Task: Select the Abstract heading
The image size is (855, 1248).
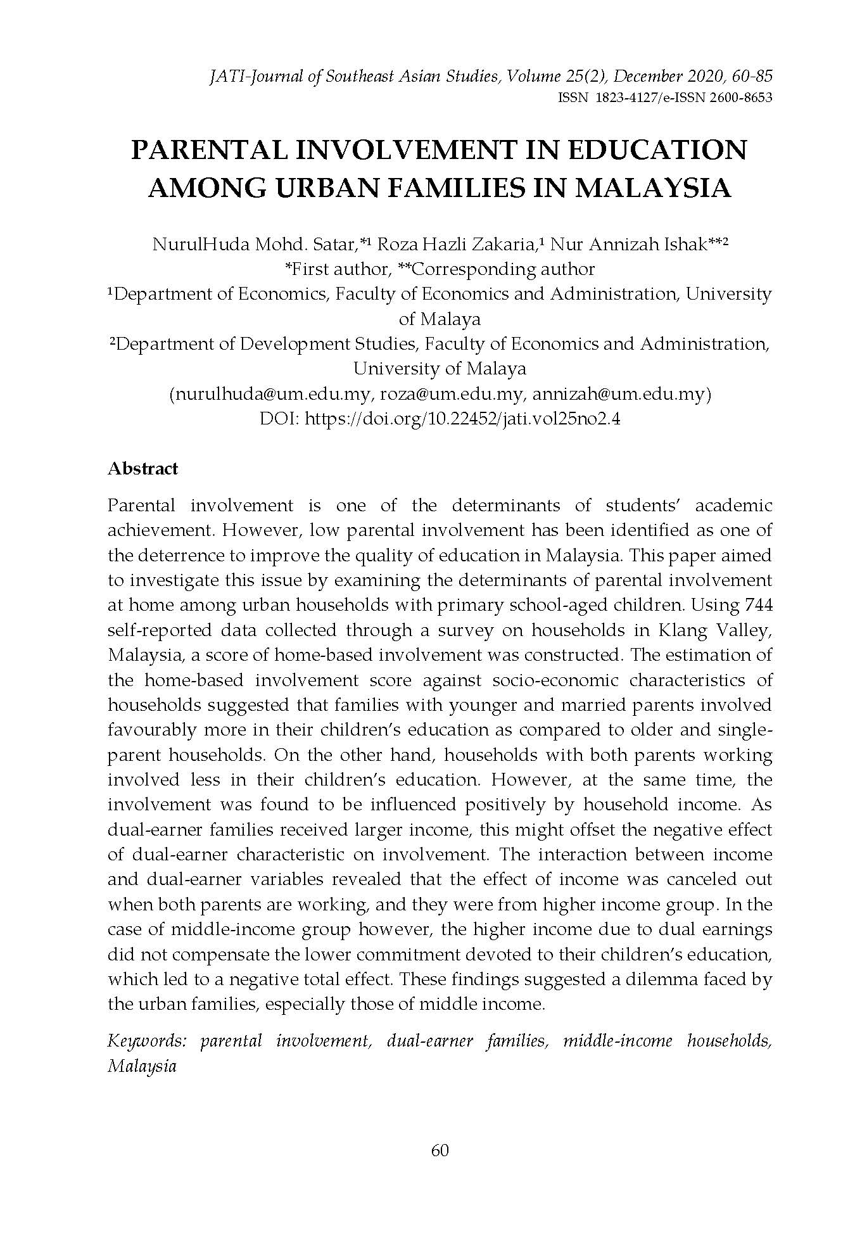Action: (143, 469)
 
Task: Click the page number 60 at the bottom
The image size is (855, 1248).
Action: (440, 1150)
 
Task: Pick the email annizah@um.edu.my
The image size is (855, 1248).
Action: (619, 394)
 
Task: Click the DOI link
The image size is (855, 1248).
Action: (462, 419)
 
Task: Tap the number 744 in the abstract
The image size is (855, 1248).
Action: (759, 604)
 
